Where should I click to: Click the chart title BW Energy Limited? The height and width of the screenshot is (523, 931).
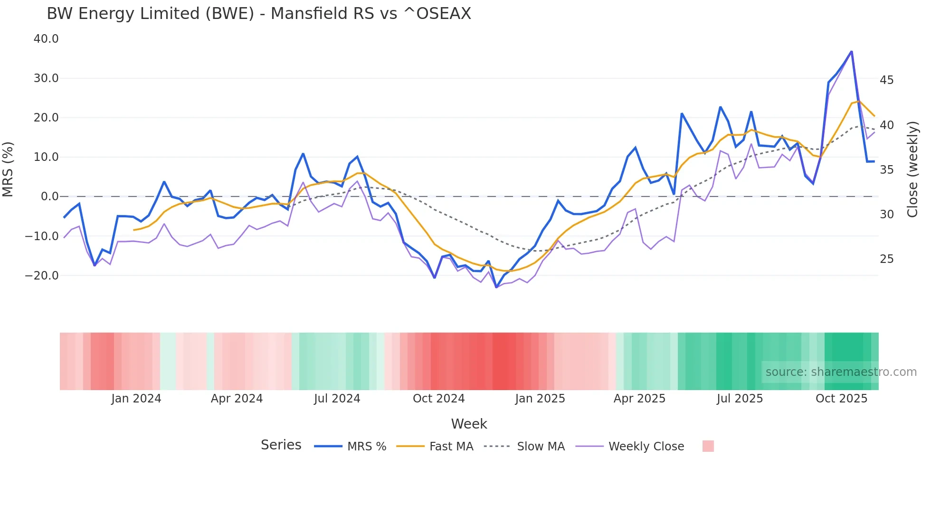(x=258, y=14)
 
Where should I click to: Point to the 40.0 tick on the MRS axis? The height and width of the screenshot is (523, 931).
(x=46, y=39)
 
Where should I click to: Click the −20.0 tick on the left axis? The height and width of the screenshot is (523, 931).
(x=42, y=275)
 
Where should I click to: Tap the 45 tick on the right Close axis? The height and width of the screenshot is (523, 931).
(x=886, y=80)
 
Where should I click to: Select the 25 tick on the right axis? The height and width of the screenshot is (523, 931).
(x=886, y=259)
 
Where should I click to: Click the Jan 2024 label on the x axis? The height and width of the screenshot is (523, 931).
(x=136, y=399)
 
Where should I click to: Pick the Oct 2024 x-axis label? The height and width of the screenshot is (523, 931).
(x=438, y=399)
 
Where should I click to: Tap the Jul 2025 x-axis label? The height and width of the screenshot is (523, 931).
(x=740, y=399)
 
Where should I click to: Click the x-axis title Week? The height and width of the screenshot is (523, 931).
(x=469, y=424)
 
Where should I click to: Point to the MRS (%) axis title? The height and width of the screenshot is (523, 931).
(x=8, y=169)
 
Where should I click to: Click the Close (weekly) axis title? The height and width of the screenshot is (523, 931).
(x=912, y=169)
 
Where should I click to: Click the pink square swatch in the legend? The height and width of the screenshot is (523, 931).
(x=708, y=446)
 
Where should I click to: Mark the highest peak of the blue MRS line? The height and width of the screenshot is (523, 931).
(x=851, y=51)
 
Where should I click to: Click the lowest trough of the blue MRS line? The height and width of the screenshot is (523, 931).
(x=496, y=287)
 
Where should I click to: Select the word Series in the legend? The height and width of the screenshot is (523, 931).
(x=281, y=445)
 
